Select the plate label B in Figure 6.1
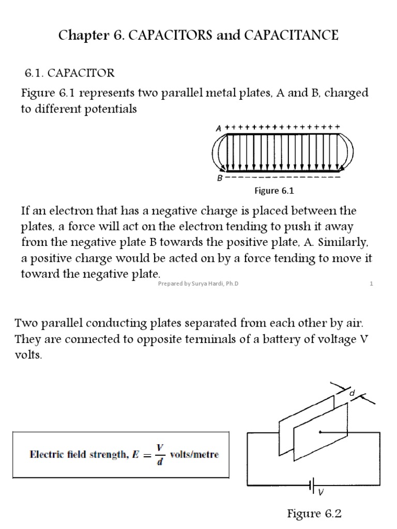220,178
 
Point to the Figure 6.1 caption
274,191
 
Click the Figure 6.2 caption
315,514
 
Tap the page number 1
371,284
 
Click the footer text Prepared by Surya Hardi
198,284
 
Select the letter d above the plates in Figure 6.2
352,394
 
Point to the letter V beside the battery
321,492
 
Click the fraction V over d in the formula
161,455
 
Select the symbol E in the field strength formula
139,455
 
